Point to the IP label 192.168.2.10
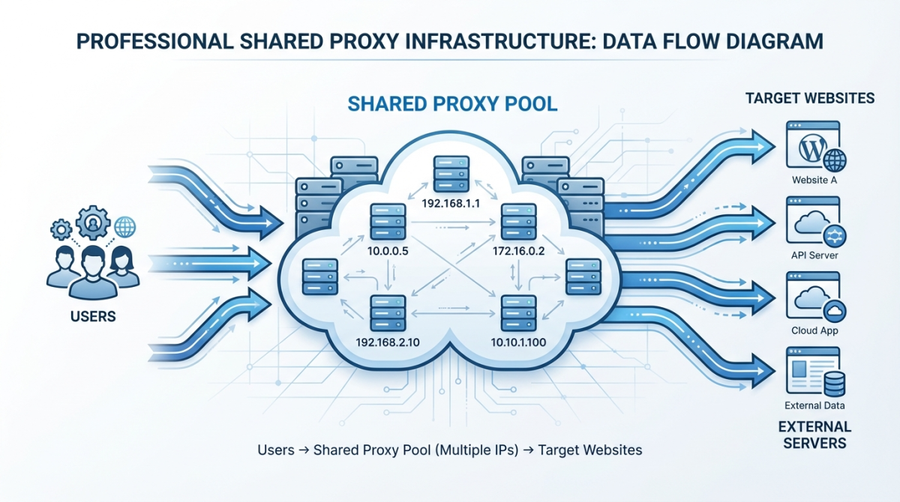click(388, 342)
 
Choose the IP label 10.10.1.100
click(517, 342)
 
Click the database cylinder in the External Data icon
click(833, 384)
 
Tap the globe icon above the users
click(125, 226)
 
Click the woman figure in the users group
click(123, 268)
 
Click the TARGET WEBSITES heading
click(809, 98)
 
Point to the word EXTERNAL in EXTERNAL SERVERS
click(814, 427)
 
